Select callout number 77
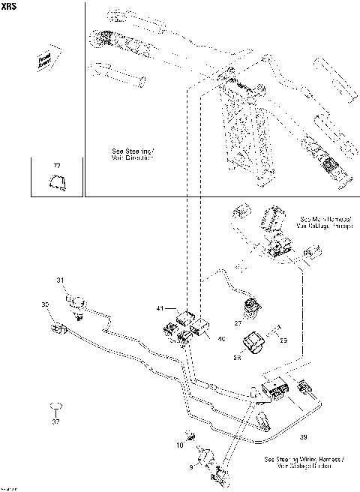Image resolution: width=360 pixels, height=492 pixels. tap(55, 164)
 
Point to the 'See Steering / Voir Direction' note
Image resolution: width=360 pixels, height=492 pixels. tap(133, 154)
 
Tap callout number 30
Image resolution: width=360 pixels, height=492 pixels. tap(44, 304)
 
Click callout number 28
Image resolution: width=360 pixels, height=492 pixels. tap(238, 358)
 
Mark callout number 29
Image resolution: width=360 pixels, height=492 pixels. tap(283, 340)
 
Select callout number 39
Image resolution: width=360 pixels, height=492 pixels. tap(303, 435)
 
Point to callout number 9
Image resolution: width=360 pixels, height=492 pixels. tap(190, 466)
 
